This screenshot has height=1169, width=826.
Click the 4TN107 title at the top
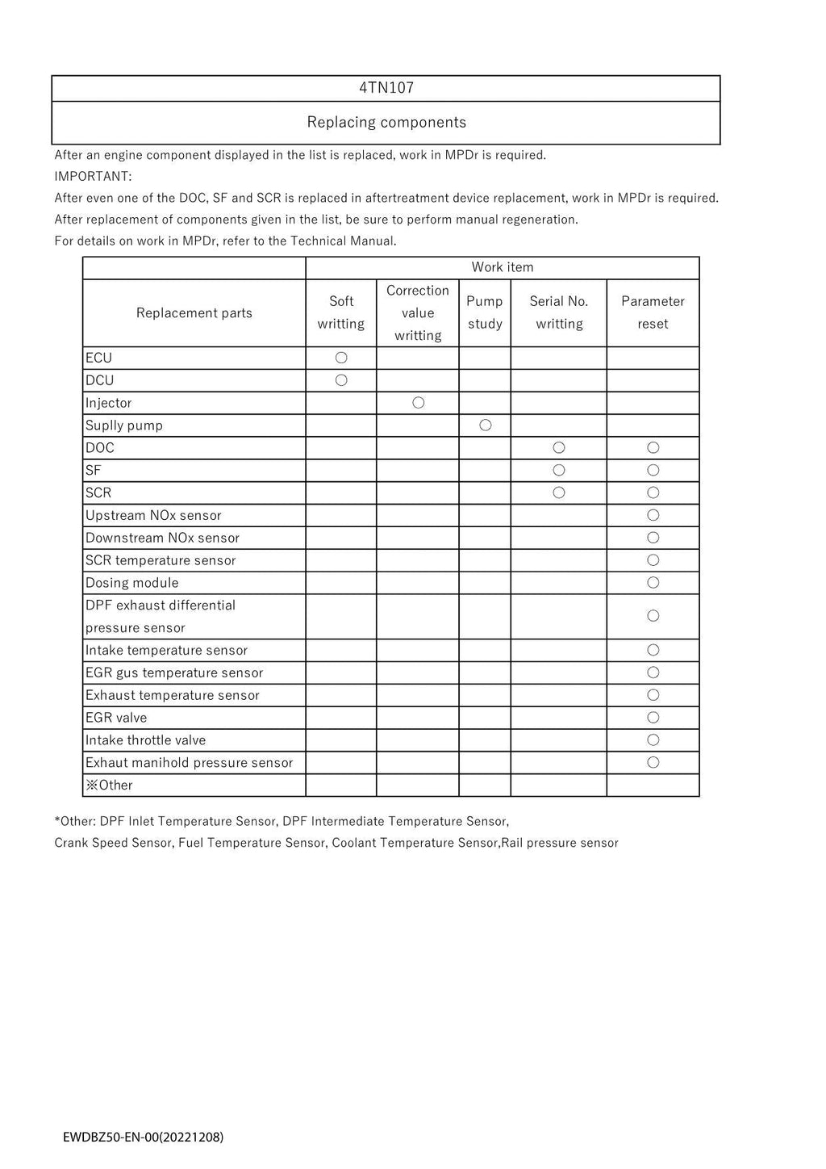click(x=386, y=88)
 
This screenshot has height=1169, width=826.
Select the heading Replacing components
click(x=386, y=123)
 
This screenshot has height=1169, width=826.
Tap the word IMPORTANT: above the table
click(x=93, y=176)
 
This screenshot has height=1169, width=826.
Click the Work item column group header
click(x=502, y=267)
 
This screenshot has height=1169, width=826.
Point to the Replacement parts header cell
click(x=194, y=313)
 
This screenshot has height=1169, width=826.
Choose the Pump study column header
click(x=484, y=312)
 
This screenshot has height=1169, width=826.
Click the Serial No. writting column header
click(x=558, y=312)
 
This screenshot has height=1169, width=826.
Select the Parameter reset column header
click(x=653, y=312)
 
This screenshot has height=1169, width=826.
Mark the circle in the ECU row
click(x=341, y=358)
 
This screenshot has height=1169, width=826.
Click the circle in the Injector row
click(x=418, y=403)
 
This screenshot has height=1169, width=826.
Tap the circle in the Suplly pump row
click(x=485, y=425)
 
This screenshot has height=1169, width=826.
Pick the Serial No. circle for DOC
click(x=558, y=448)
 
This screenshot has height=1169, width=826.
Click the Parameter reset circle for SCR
click(x=653, y=492)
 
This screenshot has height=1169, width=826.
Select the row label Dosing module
click(x=132, y=583)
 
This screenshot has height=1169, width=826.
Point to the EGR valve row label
click(x=116, y=718)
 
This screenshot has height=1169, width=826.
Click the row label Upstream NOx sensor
click(x=153, y=515)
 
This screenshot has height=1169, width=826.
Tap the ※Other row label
click(x=109, y=786)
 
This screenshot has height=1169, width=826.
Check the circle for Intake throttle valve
click(x=653, y=740)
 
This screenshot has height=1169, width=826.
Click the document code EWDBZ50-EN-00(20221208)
click(x=144, y=1138)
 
